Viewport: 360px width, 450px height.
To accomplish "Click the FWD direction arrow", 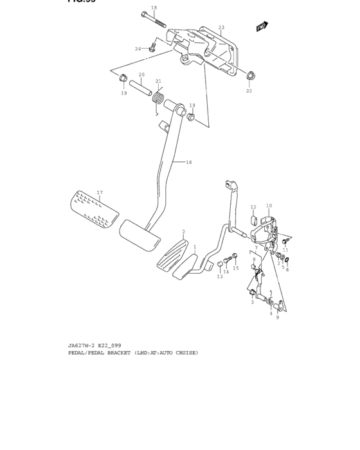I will click(x=261, y=27).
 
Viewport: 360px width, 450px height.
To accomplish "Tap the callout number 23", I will click(x=221, y=28).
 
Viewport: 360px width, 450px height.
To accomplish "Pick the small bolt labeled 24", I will click(x=152, y=46).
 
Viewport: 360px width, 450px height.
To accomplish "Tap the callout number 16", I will click(x=189, y=163).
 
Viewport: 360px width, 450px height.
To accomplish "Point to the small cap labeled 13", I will click(x=219, y=265).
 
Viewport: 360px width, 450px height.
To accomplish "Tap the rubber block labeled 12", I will click(x=253, y=219).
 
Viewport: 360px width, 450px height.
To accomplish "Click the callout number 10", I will click(x=269, y=206).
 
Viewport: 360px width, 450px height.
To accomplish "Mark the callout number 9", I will click(x=278, y=317).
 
